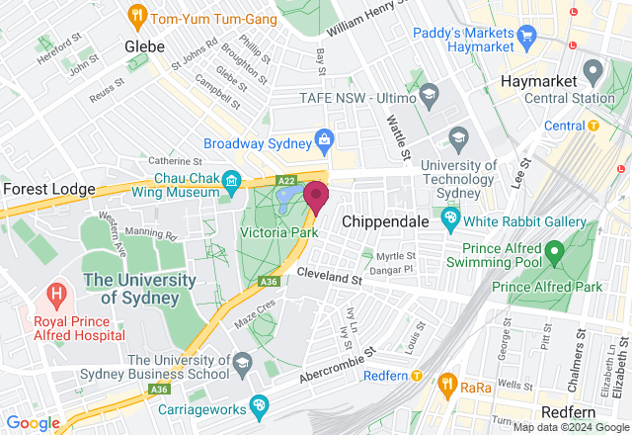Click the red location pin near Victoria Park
(x=316, y=196)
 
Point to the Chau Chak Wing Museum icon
(x=231, y=180)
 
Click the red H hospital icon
(x=56, y=294)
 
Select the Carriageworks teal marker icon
(x=259, y=404)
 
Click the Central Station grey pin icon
(x=592, y=71)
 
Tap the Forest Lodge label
(x=48, y=188)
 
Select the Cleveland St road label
(x=330, y=278)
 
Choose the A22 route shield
(x=286, y=180)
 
